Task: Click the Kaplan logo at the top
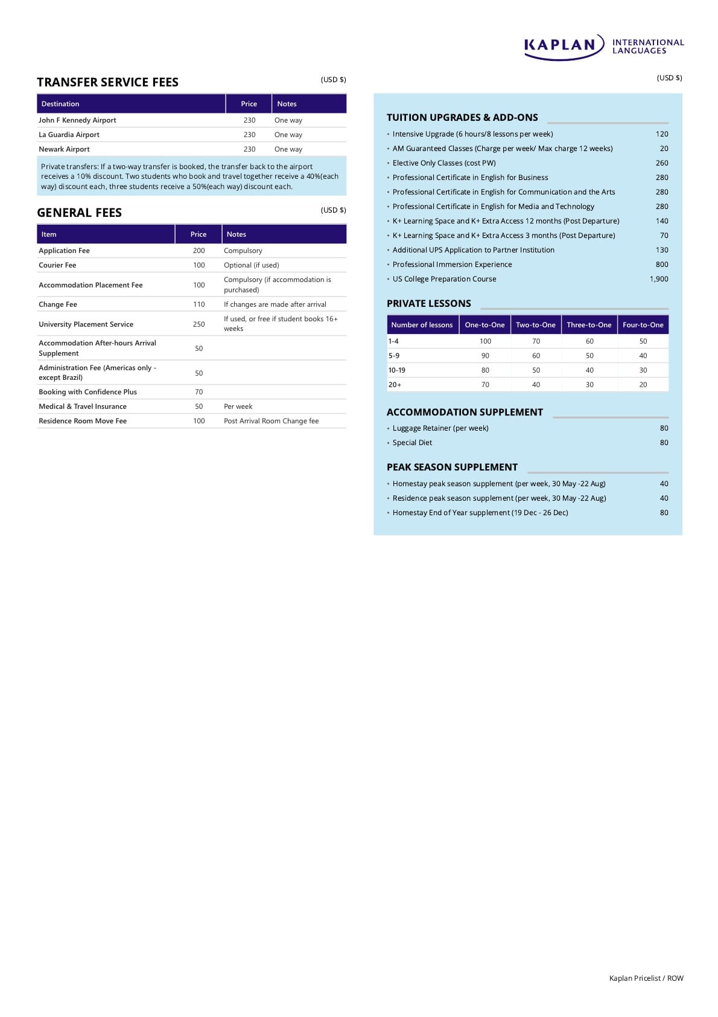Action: point(603,47)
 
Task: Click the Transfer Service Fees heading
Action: point(107,82)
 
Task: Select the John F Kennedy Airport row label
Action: point(77,120)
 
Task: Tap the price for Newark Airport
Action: point(249,149)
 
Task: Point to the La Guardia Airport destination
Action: point(69,135)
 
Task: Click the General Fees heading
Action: point(79,213)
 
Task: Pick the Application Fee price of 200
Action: point(199,251)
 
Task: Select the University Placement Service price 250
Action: point(199,324)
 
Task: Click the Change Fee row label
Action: point(58,304)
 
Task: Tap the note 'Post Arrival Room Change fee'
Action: point(271,421)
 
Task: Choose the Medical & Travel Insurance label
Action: point(83,406)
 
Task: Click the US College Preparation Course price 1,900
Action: point(659,279)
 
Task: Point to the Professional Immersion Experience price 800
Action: point(662,265)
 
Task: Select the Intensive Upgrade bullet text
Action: point(472,134)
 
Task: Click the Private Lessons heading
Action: point(428,304)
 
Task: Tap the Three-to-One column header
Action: point(589,325)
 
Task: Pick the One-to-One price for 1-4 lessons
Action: point(485,341)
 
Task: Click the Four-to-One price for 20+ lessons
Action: point(643,385)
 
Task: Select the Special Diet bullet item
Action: point(412,443)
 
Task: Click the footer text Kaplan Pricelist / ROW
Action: point(646,978)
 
